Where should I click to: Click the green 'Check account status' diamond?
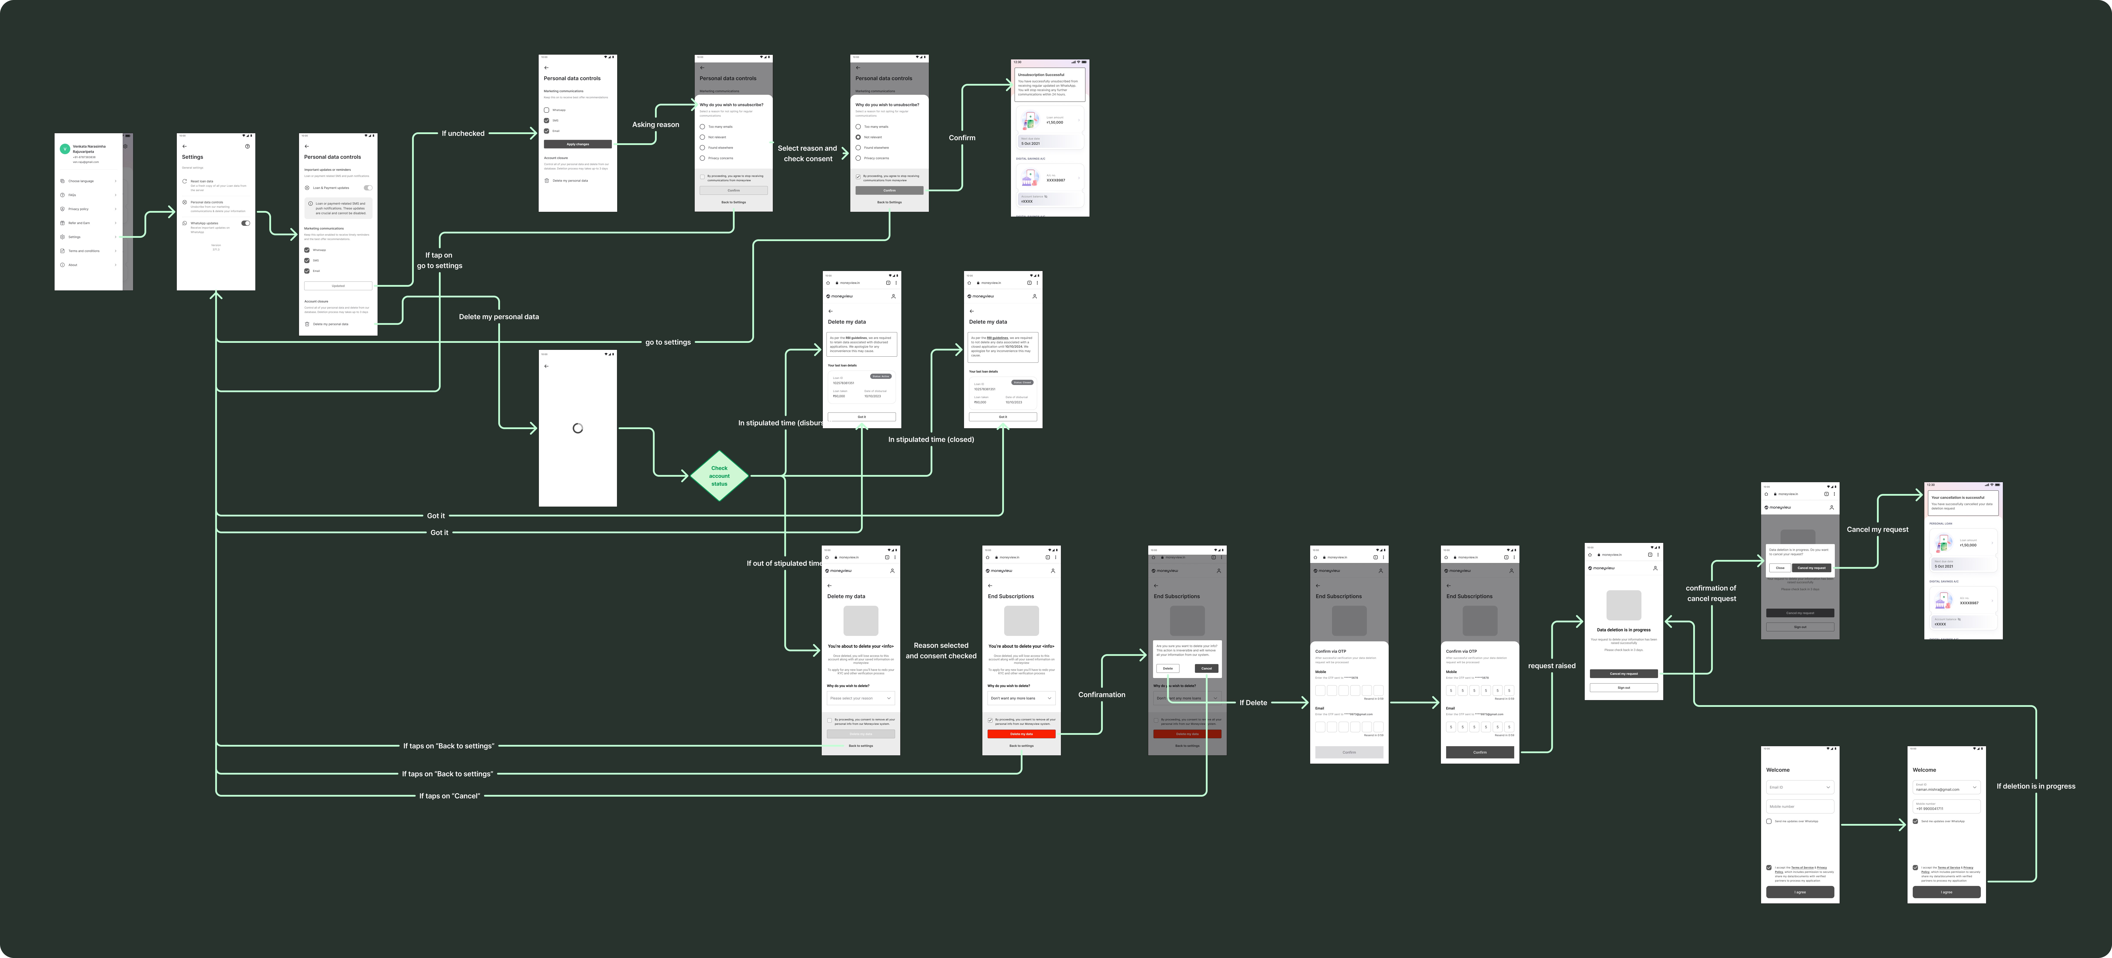[719, 476]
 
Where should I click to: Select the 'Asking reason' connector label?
[655, 125]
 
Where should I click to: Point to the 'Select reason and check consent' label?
[808, 153]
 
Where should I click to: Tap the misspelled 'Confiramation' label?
[1101, 695]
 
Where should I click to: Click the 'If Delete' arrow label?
[1253, 703]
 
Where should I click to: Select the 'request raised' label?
[1551, 666]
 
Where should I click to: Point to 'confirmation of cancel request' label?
[1711, 593]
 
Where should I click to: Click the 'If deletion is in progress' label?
[2036, 787]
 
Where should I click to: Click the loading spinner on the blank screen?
[577, 428]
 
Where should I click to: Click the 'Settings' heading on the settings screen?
[193, 157]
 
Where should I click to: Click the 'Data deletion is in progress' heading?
[1623, 630]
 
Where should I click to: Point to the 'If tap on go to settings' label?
[439, 260]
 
